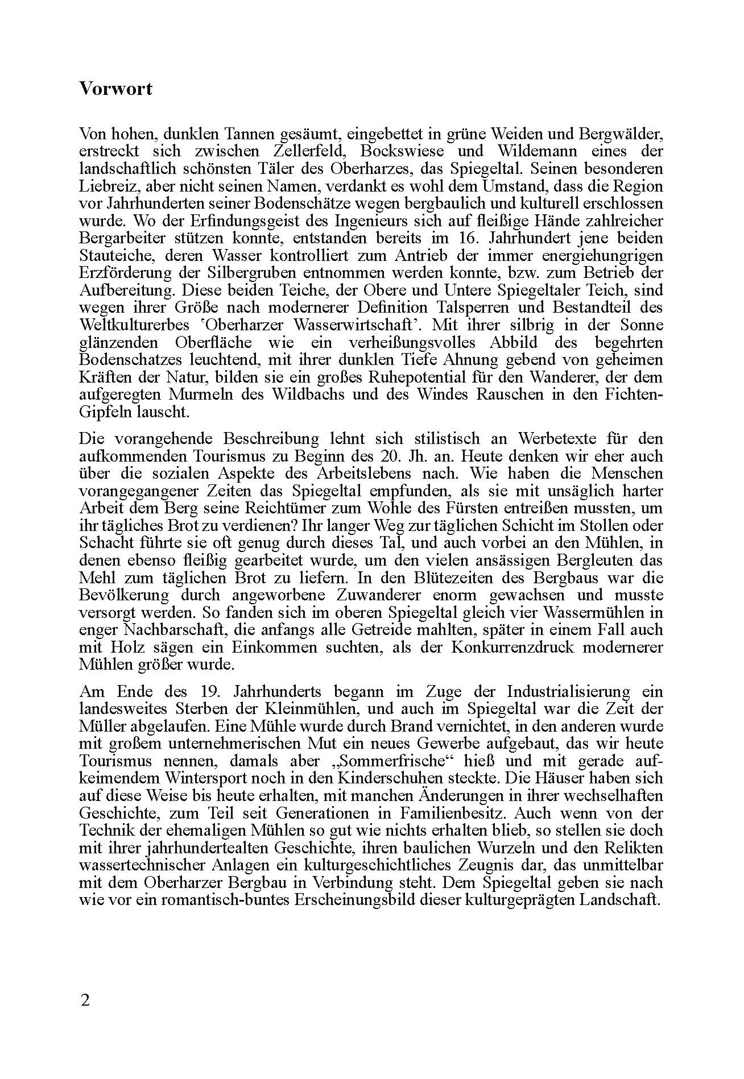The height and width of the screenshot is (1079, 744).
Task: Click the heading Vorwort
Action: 116,89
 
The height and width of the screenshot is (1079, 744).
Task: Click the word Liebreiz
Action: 103,186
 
